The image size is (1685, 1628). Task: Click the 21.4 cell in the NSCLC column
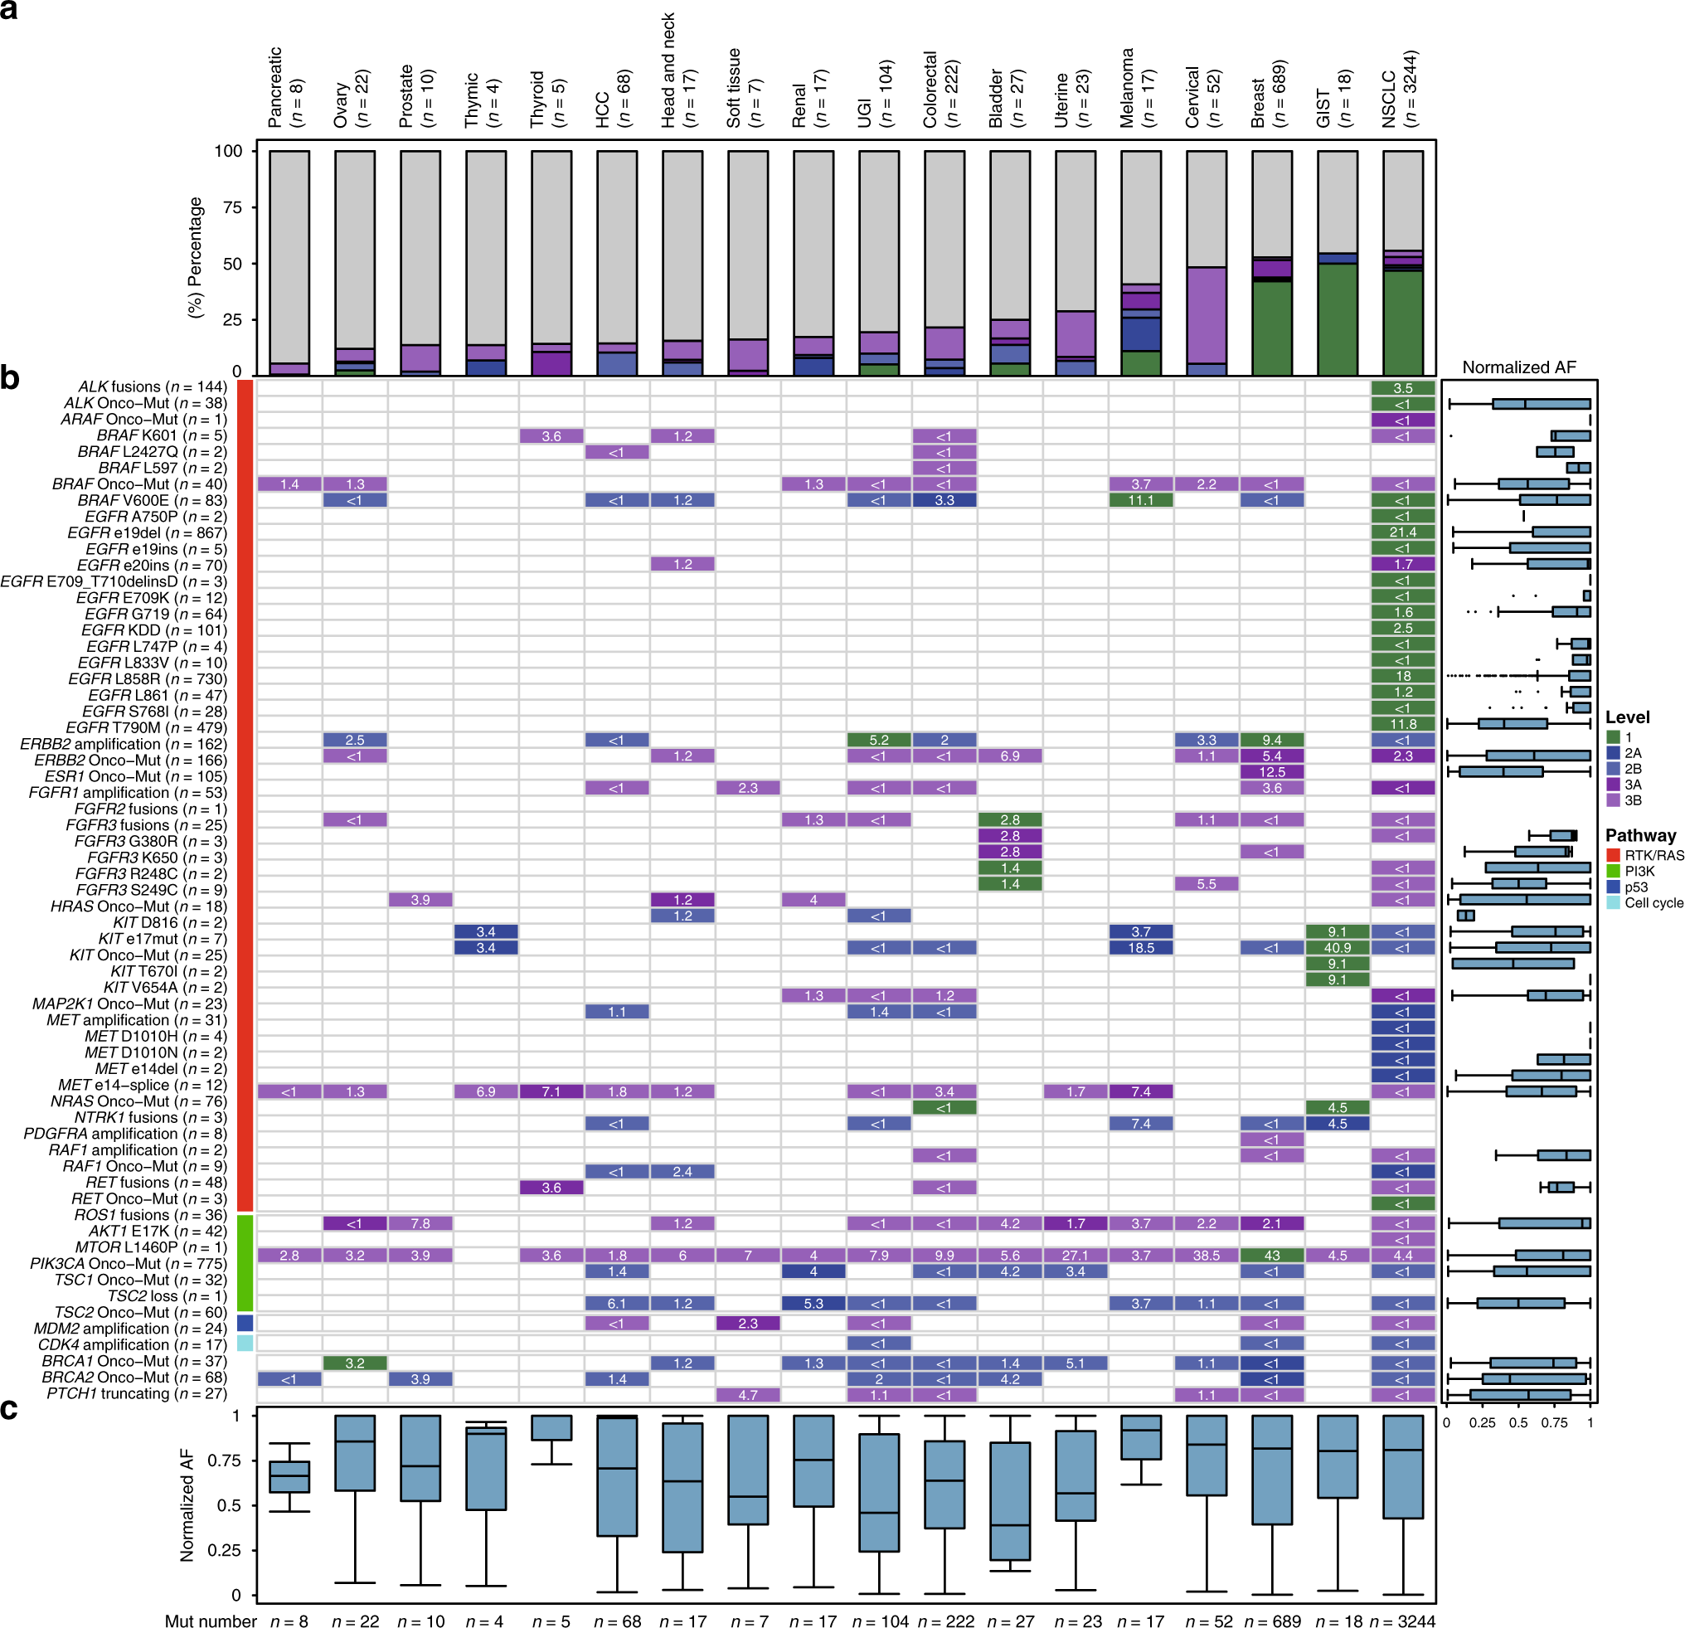1402,532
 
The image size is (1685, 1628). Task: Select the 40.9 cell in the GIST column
1337,948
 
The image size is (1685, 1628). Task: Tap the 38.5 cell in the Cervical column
1207,1256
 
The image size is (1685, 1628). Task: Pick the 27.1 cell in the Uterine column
1075,1256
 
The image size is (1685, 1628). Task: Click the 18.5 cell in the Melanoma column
1141,948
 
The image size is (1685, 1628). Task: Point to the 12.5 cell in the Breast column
1271,772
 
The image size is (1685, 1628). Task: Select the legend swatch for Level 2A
1613,753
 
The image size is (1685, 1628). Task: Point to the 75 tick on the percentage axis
232,207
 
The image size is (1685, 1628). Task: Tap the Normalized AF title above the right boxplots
1519,368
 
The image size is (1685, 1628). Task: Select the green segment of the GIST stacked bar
1337,319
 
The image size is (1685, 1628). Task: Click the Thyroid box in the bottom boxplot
551,1427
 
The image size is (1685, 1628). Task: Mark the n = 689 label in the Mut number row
1271,1621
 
